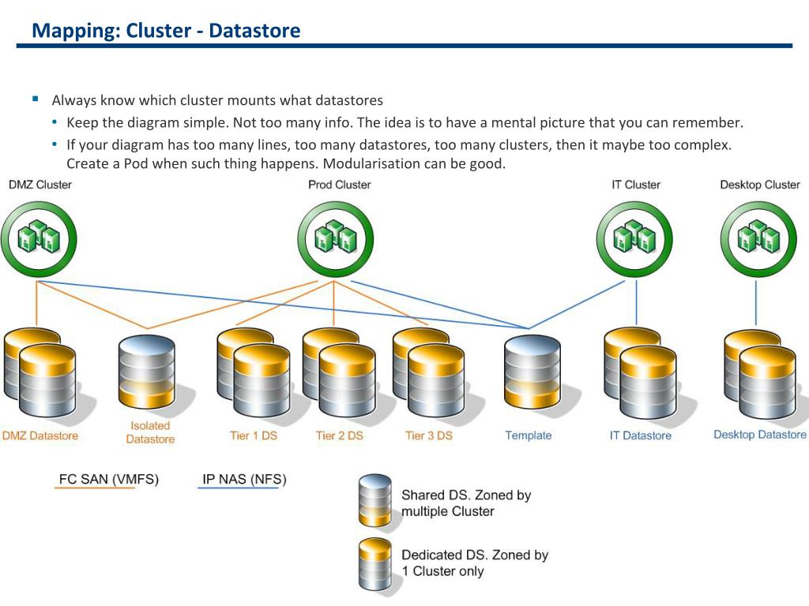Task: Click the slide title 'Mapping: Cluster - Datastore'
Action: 166,31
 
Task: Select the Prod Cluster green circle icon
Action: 335,238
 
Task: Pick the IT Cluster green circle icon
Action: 634,238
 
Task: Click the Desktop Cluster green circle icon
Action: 758,238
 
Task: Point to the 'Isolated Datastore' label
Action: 150,432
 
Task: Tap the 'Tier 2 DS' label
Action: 339,436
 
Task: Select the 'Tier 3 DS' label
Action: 429,436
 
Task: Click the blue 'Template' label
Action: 528,436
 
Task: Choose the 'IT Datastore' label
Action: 640,436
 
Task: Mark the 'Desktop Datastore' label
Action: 759,435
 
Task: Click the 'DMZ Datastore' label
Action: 40,436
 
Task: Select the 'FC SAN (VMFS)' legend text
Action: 109,479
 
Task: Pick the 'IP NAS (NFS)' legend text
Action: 244,479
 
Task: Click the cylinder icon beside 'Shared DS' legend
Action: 374,500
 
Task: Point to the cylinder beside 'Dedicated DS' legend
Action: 374,563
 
